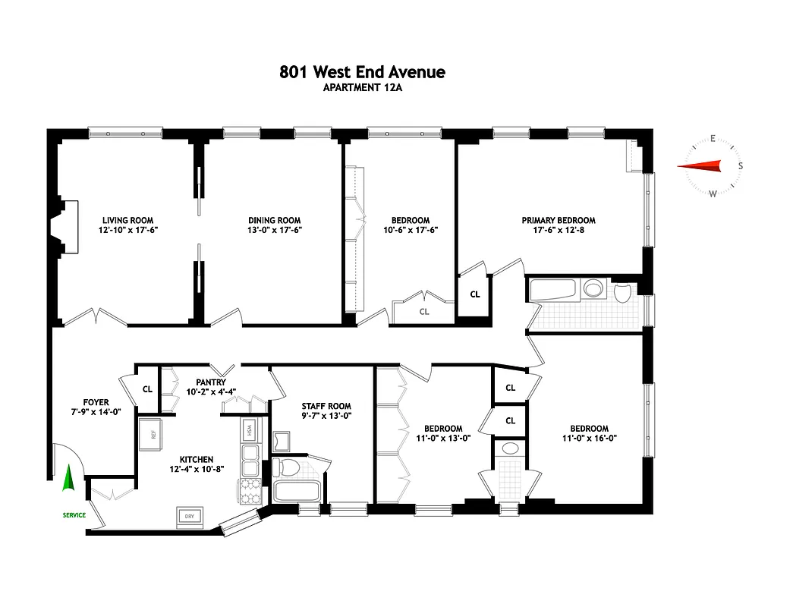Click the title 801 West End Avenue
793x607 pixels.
[x=362, y=72]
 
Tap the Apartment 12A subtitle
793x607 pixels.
[x=362, y=87]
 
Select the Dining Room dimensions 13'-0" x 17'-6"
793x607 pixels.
[x=274, y=231]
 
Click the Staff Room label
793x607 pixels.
[x=326, y=406]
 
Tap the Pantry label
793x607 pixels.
[x=210, y=382]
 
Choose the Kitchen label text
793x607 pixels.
[x=196, y=460]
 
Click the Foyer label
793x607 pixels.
[x=96, y=402]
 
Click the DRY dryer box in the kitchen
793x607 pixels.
[x=189, y=517]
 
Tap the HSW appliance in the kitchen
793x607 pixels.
[x=250, y=430]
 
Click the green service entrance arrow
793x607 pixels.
[x=68, y=478]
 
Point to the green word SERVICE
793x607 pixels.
[x=74, y=516]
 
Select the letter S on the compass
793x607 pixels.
[x=741, y=166]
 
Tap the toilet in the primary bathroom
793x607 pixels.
[x=623, y=292]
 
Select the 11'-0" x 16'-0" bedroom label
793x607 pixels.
[x=585, y=433]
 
